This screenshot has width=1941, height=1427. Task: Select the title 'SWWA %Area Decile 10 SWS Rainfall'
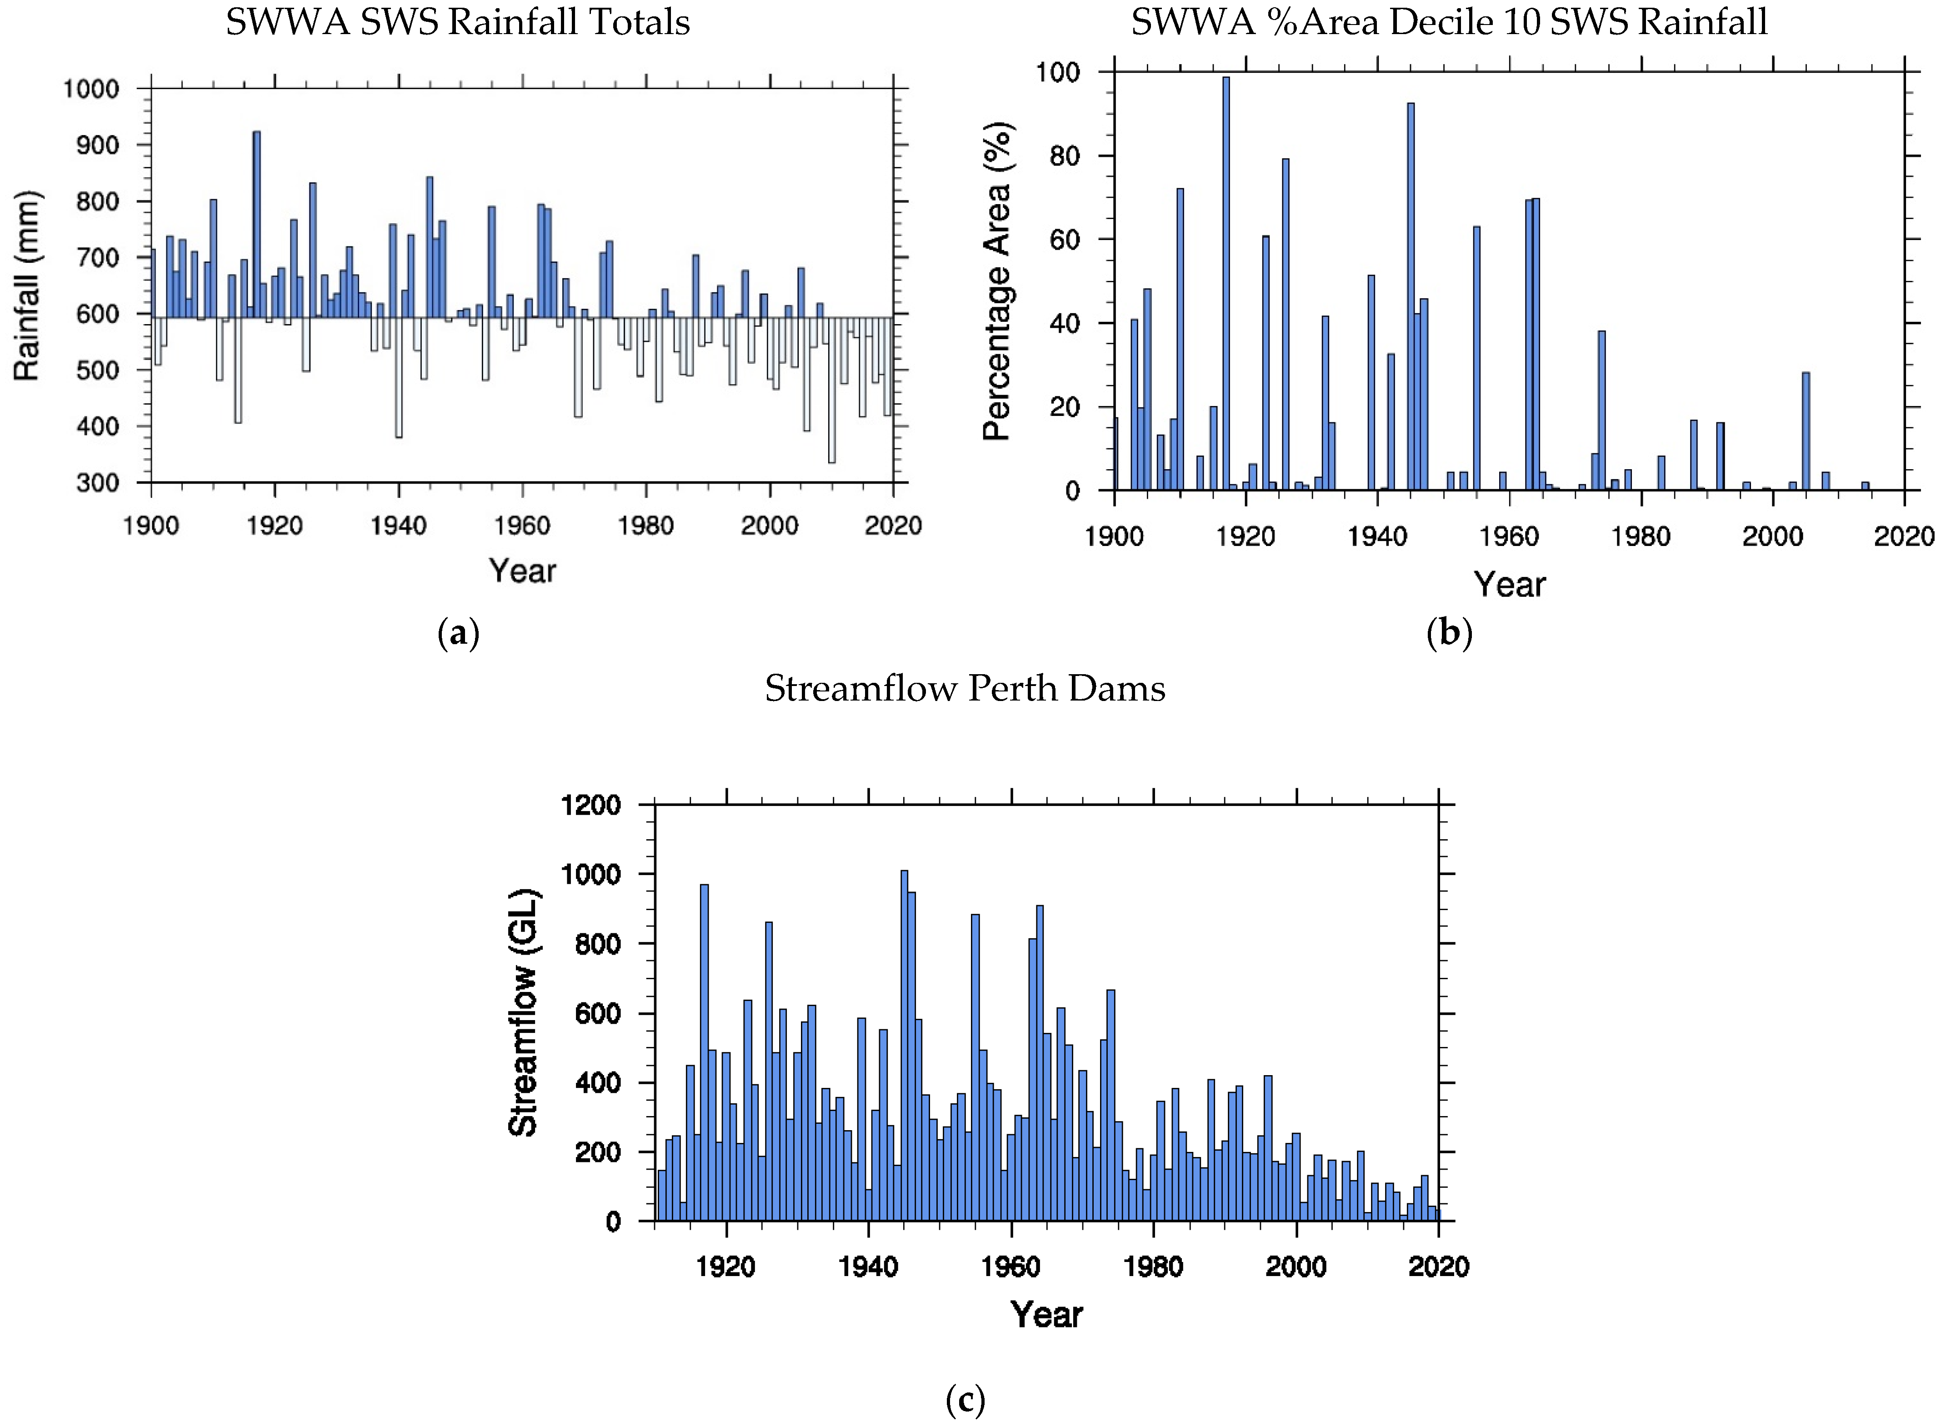(x=1449, y=22)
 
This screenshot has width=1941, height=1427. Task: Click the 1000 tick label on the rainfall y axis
(x=91, y=89)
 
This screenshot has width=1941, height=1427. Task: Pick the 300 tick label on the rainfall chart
(x=98, y=483)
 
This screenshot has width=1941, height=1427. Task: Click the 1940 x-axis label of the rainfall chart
(x=398, y=526)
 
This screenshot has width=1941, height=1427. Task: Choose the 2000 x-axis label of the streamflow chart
(x=1296, y=1267)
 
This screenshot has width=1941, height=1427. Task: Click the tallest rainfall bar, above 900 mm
(x=256, y=225)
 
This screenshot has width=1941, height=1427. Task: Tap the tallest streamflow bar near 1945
(x=905, y=1045)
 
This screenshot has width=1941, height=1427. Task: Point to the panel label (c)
(x=965, y=1399)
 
